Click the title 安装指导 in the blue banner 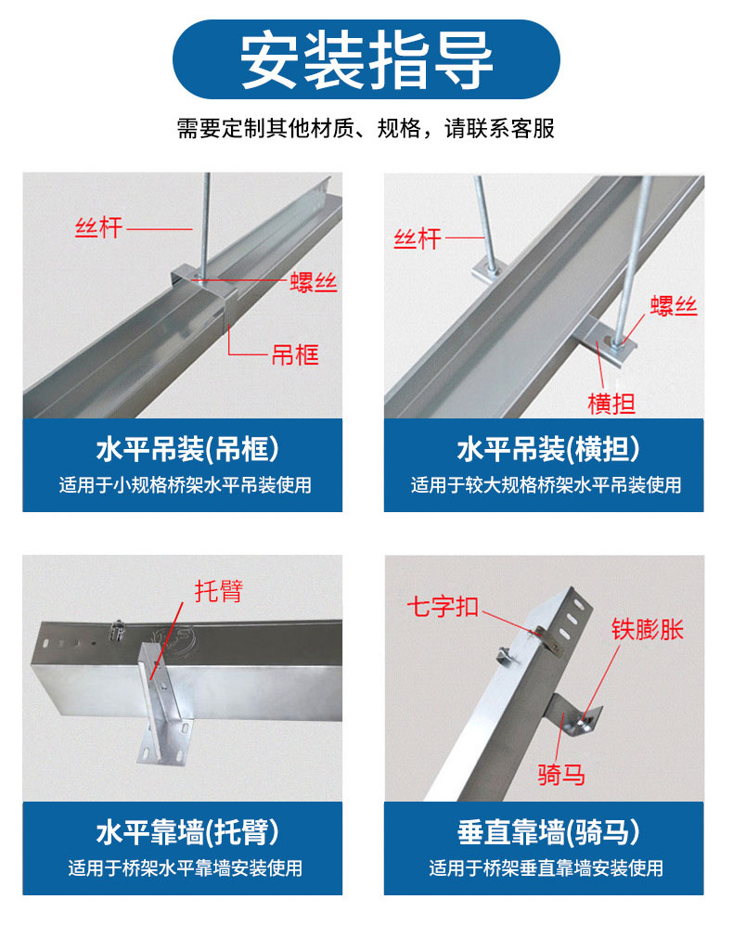pyautogui.click(x=366, y=60)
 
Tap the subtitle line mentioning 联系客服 pyautogui.click(x=366, y=128)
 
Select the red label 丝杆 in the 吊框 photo pyautogui.click(x=98, y=226)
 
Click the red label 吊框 pyautogui.click(x=294, y=354)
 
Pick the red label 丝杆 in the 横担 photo pyautogui.click(x=417, y=238)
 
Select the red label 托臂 pyautogui.click(x=219, y=590)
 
